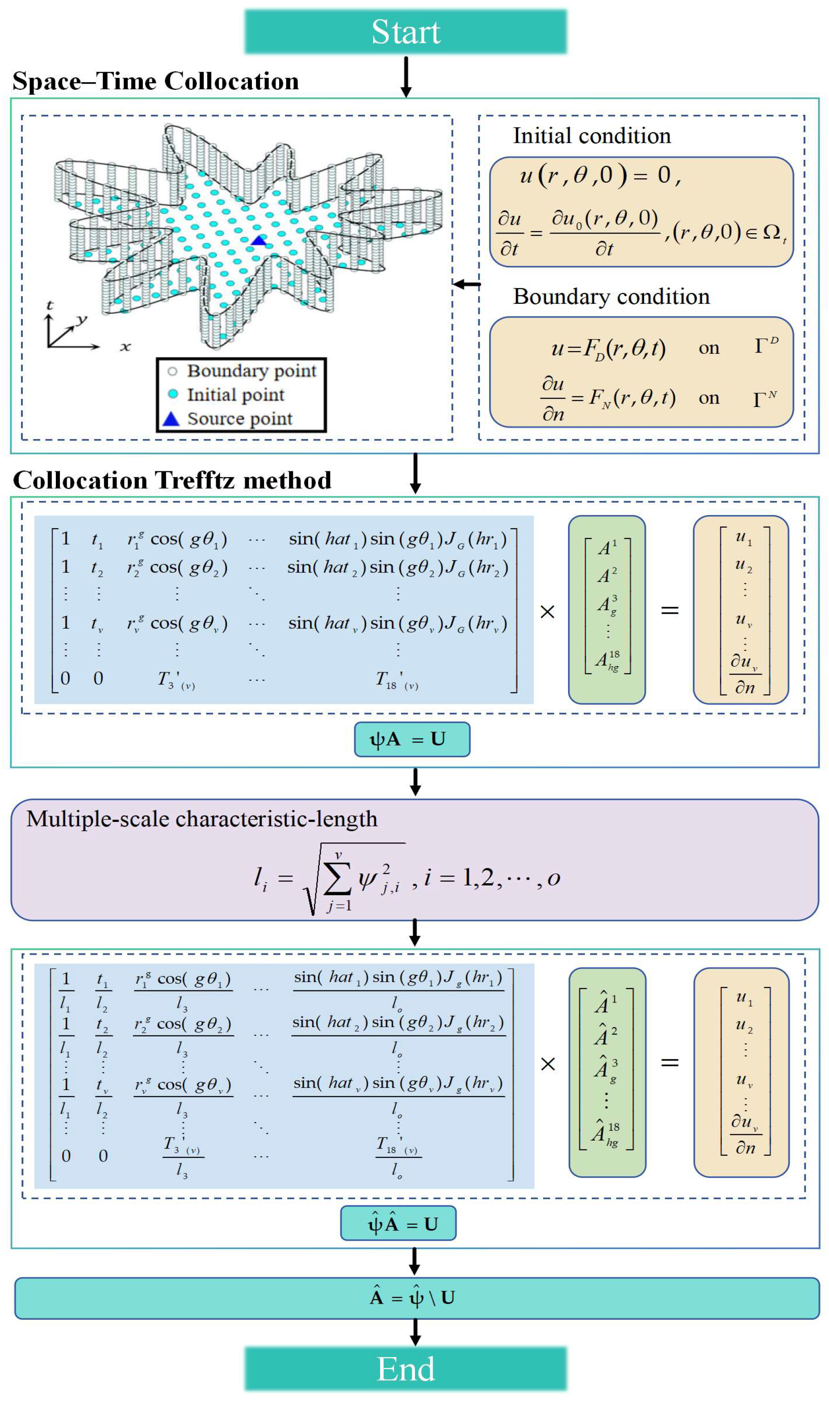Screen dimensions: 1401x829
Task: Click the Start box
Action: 406,32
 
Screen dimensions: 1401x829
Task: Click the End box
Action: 406,1368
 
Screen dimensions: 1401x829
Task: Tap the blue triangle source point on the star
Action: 259,240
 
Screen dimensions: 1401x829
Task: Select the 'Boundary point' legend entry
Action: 251,371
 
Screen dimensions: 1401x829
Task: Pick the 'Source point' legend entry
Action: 239,419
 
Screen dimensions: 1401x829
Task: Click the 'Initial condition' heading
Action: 591,136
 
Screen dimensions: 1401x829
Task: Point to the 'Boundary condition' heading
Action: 611,297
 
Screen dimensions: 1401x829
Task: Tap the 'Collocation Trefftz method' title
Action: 172,480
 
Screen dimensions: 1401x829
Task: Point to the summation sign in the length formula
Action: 337,879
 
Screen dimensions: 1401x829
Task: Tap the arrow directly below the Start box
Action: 406,76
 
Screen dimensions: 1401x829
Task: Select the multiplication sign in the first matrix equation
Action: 548,612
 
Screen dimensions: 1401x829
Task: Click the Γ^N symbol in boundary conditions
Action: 764,398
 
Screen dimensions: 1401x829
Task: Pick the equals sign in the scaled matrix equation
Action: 670,1062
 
